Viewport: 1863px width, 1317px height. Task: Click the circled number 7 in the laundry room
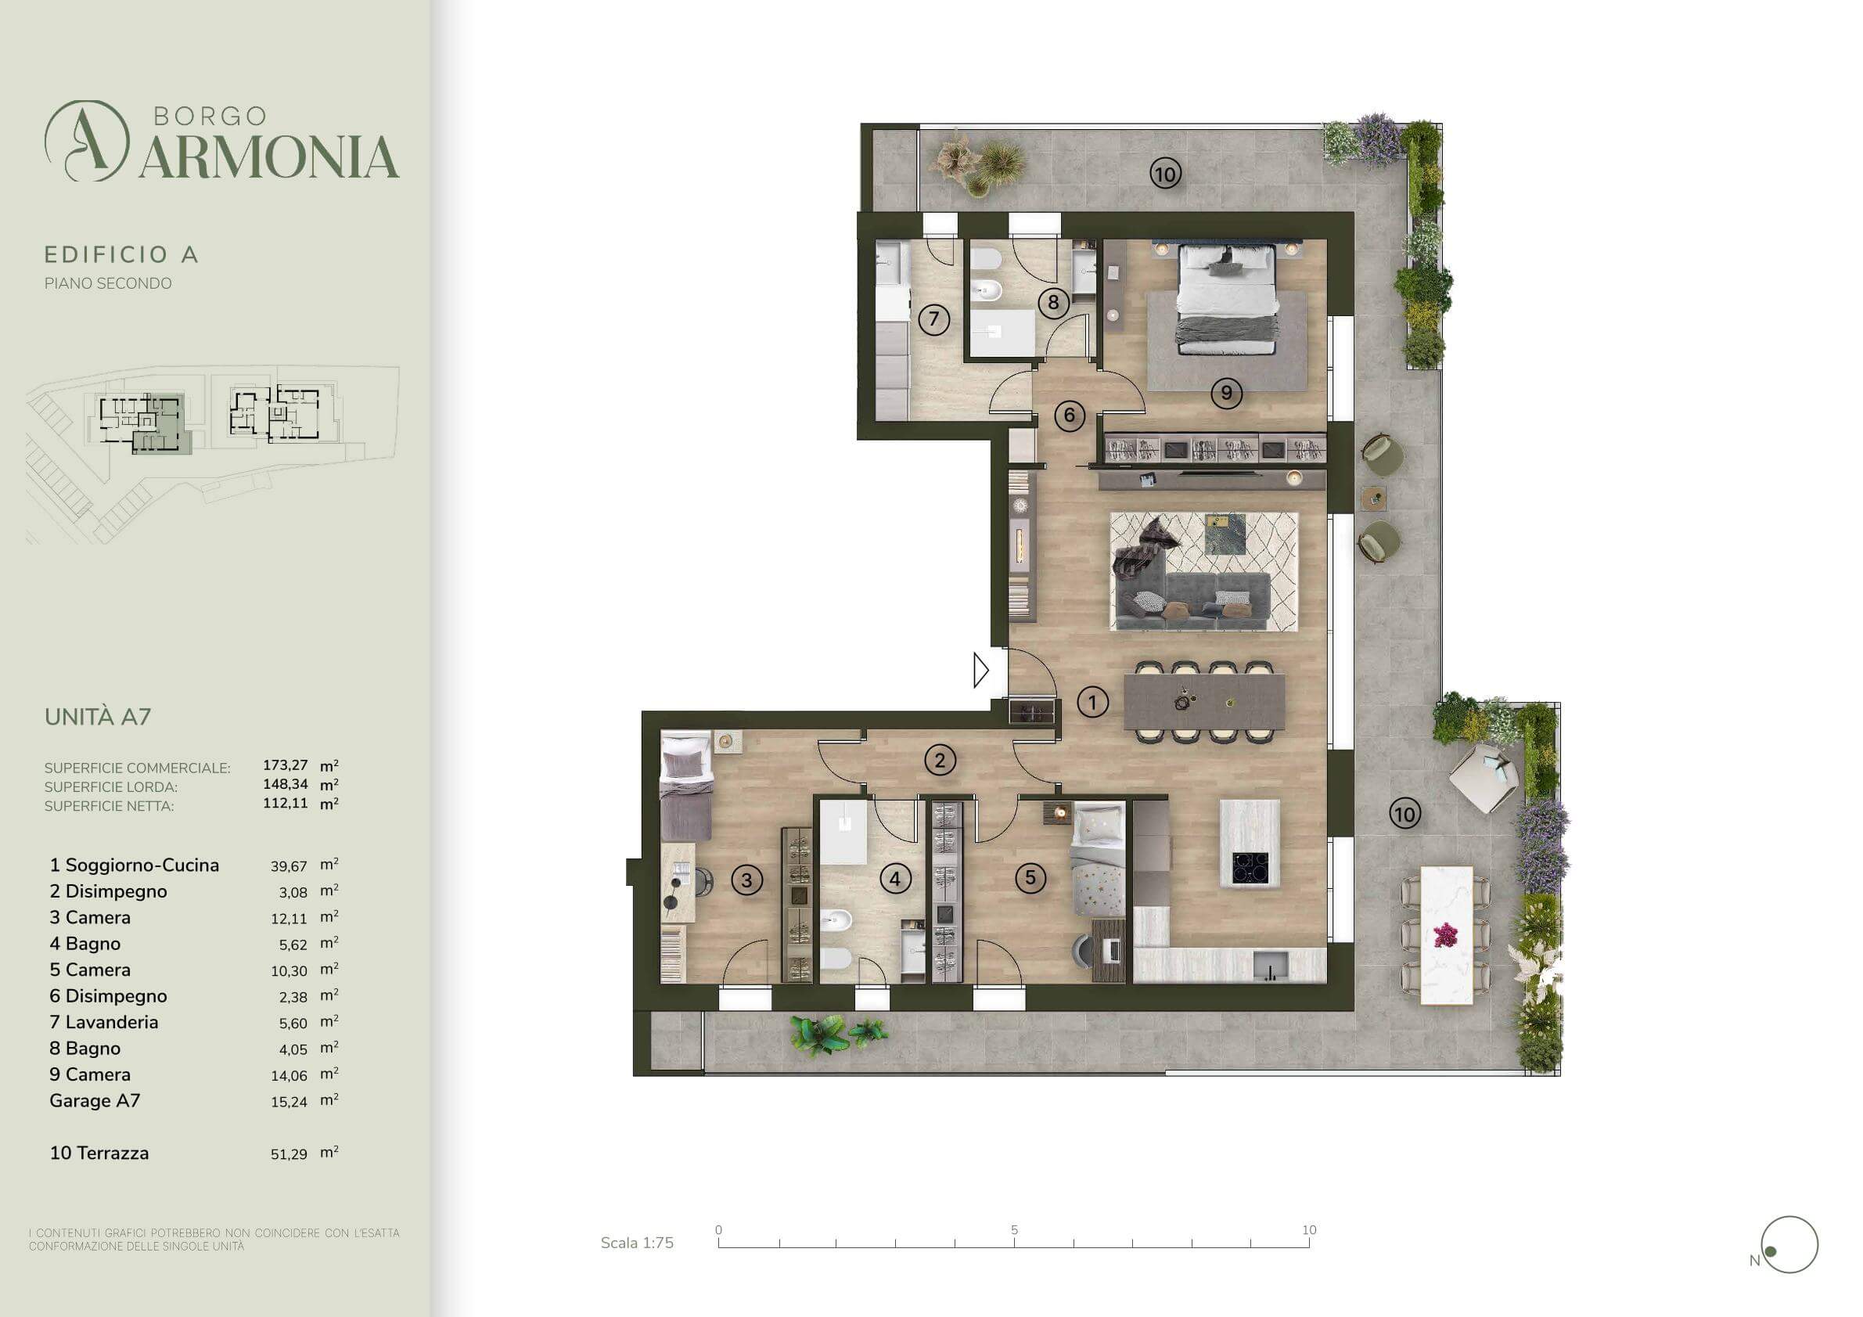point(934,319)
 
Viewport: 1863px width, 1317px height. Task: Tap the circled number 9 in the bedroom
point(1226,394)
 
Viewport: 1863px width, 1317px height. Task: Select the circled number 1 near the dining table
point(1092,702)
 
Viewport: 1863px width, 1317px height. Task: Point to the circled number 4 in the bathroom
point(895,878)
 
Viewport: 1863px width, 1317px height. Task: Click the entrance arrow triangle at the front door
point(981,671)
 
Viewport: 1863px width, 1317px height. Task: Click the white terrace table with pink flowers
point(1446,936)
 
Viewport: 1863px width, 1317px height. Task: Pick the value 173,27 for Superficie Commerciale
point(285,765)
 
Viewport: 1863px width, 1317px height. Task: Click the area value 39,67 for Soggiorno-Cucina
point(288,866)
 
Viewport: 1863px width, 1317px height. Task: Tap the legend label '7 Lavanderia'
point(104,1023)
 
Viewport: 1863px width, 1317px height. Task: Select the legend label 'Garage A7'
point(95,1101)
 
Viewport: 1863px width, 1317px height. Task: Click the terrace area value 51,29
point(288,1154)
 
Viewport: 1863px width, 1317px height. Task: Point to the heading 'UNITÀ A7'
point(97,718)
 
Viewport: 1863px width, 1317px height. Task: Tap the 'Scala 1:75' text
point(637,1243)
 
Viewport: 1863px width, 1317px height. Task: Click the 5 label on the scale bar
point(1014,1230)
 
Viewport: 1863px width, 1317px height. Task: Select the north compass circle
point(1790,1245)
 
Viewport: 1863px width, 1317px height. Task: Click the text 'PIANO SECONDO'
point(108,284)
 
